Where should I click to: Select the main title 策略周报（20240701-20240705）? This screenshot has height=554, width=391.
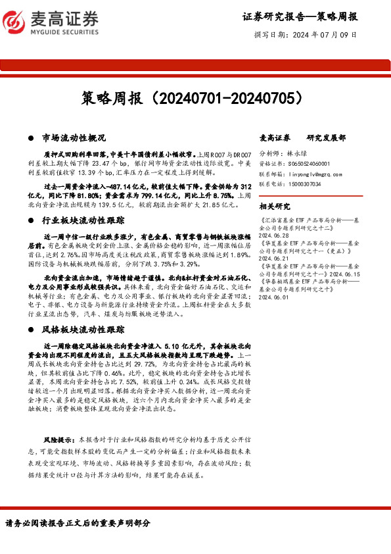tap(195, 99)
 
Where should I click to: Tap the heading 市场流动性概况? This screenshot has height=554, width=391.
tap(74, 138)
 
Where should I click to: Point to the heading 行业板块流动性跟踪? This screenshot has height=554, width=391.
tap(83, 221)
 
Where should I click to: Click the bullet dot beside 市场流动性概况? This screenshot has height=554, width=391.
tap(31, 139)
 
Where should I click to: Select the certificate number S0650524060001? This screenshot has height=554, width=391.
tap(308, 163)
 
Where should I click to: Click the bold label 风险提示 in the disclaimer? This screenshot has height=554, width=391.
tap(57, 438)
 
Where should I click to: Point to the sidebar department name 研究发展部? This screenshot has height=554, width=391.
tap(326, 138)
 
